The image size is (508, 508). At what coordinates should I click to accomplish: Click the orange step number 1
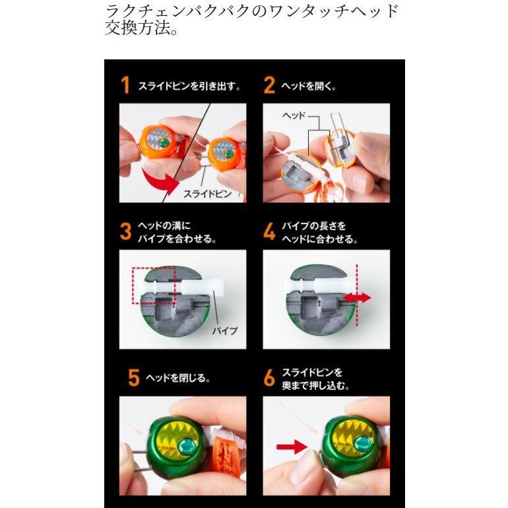coord(125,85)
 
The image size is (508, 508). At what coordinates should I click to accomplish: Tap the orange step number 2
coord(269,85)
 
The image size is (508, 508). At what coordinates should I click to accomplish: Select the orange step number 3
coord(126,232)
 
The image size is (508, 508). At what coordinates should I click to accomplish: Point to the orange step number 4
coord(269,232)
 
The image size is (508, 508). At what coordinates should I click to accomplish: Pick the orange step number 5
coord(133,379)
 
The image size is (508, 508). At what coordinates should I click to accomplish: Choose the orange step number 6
coord(269,378)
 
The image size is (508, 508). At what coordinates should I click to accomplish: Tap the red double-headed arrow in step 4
coord(357,298)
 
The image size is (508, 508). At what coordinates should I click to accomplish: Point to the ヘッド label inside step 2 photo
coord(295,115)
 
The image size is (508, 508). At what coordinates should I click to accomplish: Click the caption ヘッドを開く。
coord(308,86)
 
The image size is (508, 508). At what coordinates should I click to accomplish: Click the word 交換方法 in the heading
coord(135,30)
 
